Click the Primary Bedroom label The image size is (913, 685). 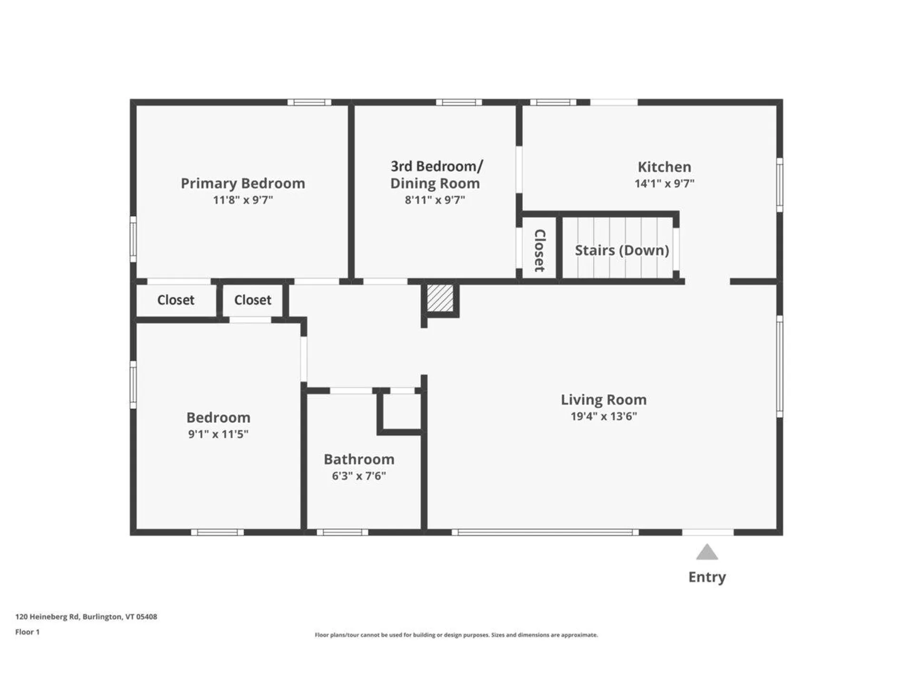coord(243,183)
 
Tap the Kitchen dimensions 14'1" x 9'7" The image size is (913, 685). coord(664,184)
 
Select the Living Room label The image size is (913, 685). coord(603,400)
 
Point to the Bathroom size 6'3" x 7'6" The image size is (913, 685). coord(359,476)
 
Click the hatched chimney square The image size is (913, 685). coord(440,298)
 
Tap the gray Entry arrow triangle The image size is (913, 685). coord(707,552)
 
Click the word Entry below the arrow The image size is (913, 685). coord(707,577)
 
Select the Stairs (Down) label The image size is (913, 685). coord(622,250)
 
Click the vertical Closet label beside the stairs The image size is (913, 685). coord(540,250)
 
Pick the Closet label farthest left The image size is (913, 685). coord(175,300)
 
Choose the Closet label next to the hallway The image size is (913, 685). coord(253,300)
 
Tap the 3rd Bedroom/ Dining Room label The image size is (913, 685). coord(435,175)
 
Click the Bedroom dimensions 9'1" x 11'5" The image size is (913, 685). coord(218,434)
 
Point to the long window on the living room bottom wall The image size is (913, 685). coord(545,532)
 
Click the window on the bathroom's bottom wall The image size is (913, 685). coord(342,532)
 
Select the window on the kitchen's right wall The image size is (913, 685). coord(779,185)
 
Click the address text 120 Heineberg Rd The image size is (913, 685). coord(86,616)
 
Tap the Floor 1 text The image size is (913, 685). coord(27,632)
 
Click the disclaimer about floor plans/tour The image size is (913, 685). coord(456,635)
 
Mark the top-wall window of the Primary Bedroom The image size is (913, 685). coord(309,102)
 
